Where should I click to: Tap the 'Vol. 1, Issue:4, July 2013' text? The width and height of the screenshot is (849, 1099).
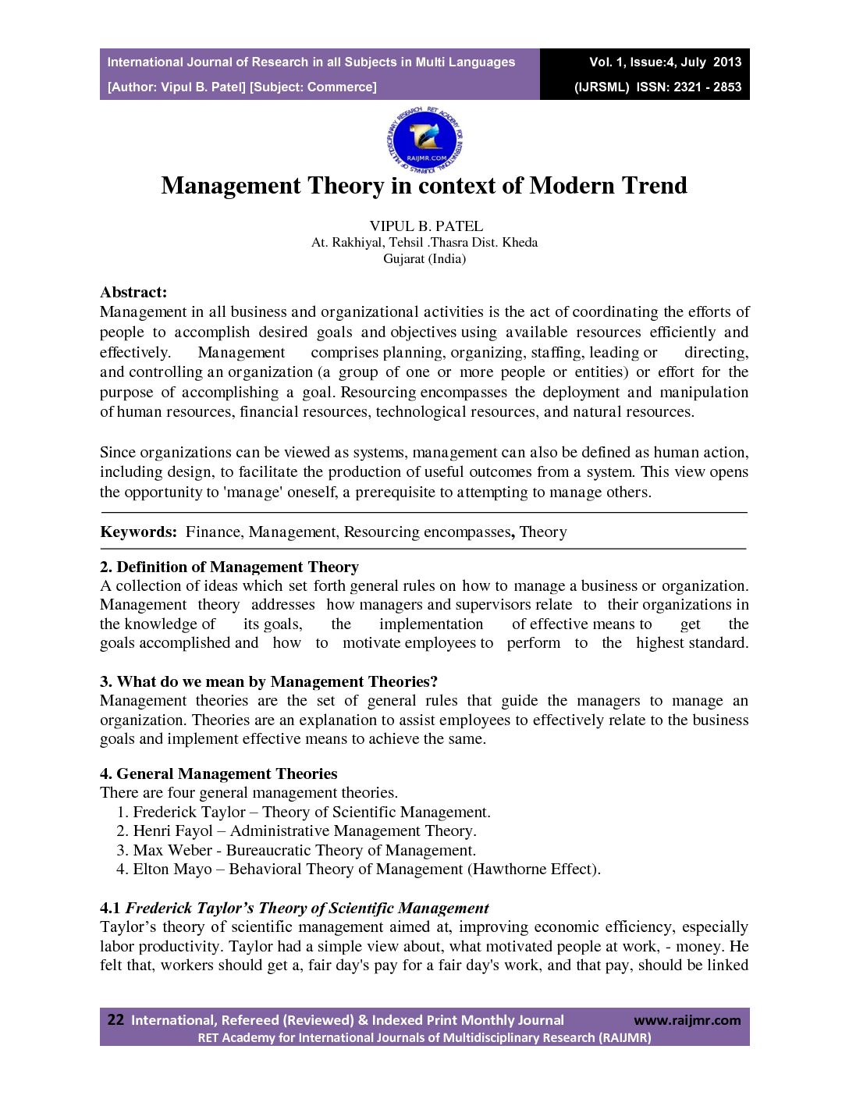[665, 62]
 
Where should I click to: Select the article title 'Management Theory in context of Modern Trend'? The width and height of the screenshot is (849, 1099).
[424, 186]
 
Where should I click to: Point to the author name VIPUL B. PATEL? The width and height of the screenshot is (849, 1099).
[426, 226]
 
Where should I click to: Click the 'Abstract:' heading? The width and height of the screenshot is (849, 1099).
[133, 293]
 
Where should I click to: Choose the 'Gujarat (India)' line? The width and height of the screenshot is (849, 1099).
[424, 259]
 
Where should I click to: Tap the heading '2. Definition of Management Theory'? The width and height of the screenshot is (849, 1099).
[229, 567]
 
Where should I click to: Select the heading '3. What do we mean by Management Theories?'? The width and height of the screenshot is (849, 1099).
[269, 682]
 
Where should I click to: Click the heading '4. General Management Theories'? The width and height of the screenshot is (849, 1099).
[218, 774]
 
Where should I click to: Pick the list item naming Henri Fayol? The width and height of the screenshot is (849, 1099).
[297, 831]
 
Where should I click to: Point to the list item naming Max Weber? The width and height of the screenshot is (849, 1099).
[297, 851]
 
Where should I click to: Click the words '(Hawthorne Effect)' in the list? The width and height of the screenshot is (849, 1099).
[534, 870]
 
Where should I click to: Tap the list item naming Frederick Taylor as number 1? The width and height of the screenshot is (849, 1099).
[304, 813]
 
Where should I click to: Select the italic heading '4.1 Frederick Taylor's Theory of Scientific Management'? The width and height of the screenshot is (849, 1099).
[295, 909]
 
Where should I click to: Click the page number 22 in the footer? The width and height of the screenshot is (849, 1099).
[115, 1020]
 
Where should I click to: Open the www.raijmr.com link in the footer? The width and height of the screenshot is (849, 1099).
[687, 1021]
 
